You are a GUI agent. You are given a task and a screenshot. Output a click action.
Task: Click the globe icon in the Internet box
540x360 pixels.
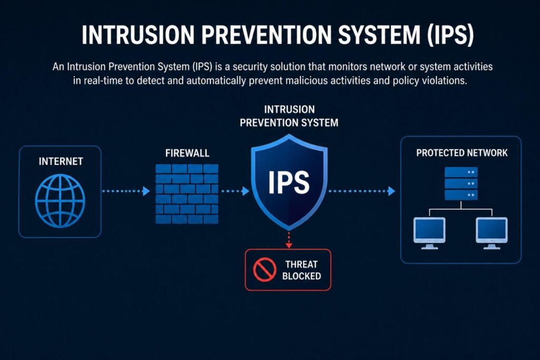[x=60, y=201]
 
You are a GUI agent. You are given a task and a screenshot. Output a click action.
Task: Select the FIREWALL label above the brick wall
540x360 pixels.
[x=187, y=153]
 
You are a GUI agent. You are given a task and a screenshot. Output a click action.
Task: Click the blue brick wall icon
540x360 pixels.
[x=187, y=193]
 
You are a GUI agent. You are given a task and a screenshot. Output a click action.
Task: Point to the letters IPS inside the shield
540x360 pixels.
[x=288, y=182]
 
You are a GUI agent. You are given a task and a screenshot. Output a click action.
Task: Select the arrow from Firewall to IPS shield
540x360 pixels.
[x=235, y=191]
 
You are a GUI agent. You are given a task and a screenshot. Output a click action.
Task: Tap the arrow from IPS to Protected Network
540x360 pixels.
[x=362, y=191]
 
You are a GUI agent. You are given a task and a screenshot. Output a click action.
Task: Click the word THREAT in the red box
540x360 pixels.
[x=301, y=264]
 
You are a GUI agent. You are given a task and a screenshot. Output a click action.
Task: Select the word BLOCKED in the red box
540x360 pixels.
[x=301, y=276]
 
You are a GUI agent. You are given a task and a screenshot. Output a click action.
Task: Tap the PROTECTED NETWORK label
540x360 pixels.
[x=461, y=153]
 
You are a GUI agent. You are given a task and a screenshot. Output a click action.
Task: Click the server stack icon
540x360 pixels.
[x=461, y=183]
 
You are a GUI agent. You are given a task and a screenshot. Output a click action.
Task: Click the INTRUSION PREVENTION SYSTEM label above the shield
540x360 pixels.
[x=289, y=116]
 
